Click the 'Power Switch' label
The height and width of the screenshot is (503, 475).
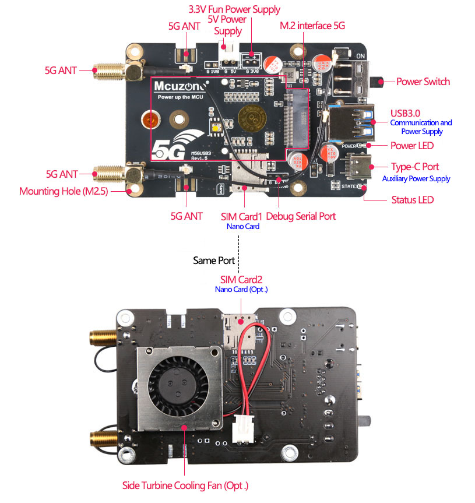[423, 82]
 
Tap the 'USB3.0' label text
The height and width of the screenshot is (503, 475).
[406, 112]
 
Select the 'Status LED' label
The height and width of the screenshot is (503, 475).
[412, 200]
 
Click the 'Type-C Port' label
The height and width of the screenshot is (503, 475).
[415, 167]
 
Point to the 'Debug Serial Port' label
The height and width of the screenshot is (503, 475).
[301, 216]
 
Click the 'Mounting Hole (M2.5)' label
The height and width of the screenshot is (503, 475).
[64, 191]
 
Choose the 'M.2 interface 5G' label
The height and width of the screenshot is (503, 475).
[312, 26]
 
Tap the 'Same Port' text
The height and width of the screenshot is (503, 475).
[214, 261]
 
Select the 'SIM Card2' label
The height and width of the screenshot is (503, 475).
[241, 280]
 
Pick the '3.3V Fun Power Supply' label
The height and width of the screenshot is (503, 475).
[234, 9]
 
